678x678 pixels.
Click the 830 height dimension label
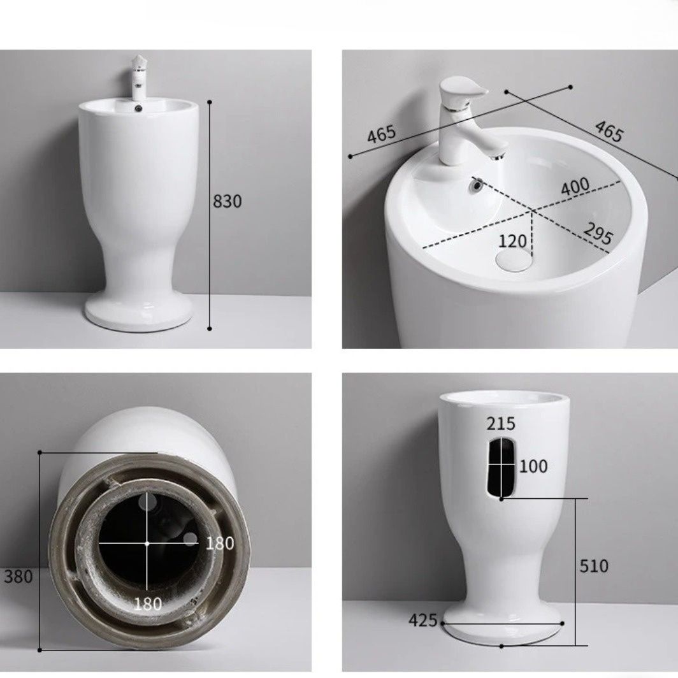pyautogui.click(x=227, y=201)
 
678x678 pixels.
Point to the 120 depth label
pyautogui.click(x=513, y=242)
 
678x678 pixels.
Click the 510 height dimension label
pyautogui.click(x=594, y=566)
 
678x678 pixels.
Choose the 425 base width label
pyautogui.click(x=423, y=621)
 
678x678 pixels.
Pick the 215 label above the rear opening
pyautogui.click(x=501, y=424)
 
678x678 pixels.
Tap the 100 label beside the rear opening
pyautogui.click(x=533, y=466)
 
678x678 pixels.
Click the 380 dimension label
pyautogui.click(x=18, y=577)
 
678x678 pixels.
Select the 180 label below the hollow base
pyautogui.click(x=148, y=603)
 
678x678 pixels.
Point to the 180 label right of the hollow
pyautogui.click(x=220, y=544)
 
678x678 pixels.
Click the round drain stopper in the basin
pyautogui.click(x=513, y=260)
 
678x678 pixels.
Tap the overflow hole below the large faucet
pyautogui.click(x=476, y=185)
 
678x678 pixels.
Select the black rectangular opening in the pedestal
pyautogui.click(x=501, y=467)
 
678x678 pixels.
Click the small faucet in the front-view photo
pyautogui.click(x=138, y=77)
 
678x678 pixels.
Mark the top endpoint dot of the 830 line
pyautogui.click(x=210, y=103)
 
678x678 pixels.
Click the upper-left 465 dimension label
pyautogui.click(x=381, y=134)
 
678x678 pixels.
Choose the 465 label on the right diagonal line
pyautogui.click(x=609, y=131)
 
